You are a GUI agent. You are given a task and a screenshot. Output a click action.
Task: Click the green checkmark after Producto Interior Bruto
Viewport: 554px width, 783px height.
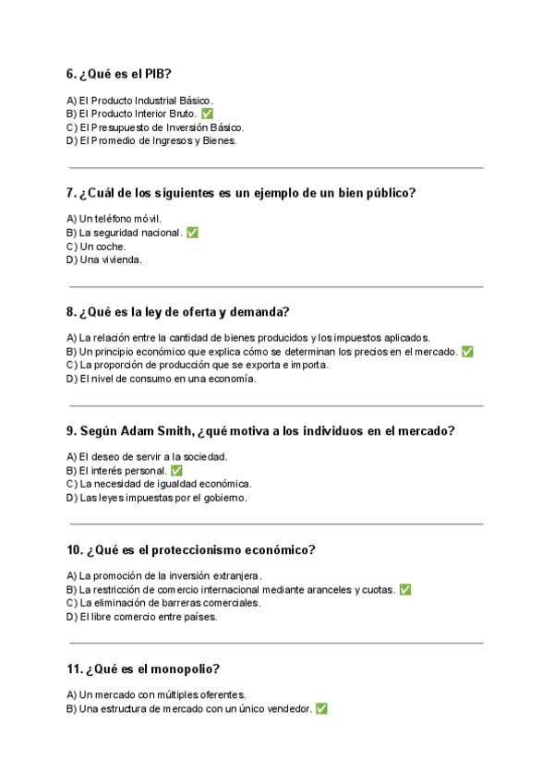click(x=207, y=114)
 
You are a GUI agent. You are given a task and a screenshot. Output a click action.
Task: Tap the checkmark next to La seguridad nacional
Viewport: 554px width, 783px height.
click(x=192, y=233)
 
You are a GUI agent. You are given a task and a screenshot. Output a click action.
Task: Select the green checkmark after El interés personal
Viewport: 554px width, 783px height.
click(x=176, y=471)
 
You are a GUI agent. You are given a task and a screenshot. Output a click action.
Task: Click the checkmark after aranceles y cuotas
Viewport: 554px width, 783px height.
click(x=405, y=589)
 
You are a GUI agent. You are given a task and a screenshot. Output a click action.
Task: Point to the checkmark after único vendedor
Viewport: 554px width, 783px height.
click(x=321, y=708)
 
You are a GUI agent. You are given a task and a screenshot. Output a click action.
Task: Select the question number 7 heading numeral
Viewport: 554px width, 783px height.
click(x=71, y=193)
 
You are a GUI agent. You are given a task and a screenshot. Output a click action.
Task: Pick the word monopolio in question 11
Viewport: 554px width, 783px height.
click(x=187, y=669)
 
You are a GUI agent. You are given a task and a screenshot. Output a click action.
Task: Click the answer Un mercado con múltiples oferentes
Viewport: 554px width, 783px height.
click(x=156, y=694)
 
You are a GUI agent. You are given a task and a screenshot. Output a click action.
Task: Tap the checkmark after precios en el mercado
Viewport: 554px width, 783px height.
click(x=467, y=352)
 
